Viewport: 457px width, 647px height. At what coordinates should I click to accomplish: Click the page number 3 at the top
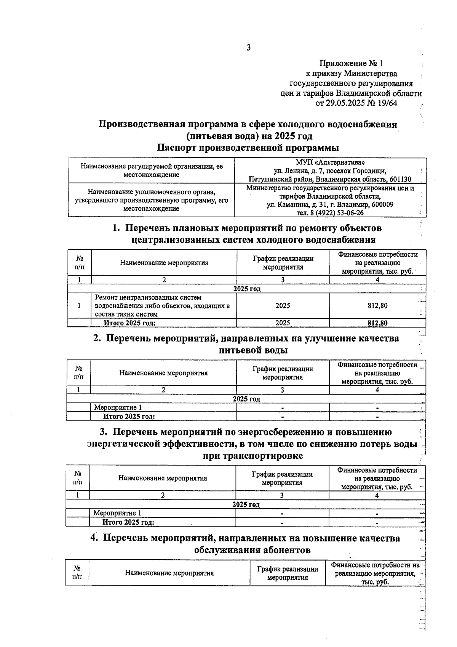(x=248, y=48)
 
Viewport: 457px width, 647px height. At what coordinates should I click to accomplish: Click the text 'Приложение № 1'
(x=351, y=63)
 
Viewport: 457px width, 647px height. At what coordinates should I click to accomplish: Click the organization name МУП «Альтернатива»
(x=330, y=162)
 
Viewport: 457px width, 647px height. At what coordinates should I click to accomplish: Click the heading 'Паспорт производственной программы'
(x=248, y=148)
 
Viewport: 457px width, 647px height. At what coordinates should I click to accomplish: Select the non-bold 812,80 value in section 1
(x=377, y=306)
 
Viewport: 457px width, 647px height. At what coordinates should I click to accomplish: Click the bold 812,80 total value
(x=377, y=323)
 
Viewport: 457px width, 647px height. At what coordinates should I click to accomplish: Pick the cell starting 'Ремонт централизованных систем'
(x=162, y=306)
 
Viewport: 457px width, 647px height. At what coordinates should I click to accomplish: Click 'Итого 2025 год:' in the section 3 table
(x=128, y=522)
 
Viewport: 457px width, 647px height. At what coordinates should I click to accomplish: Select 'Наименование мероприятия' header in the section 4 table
(x=169, y=573)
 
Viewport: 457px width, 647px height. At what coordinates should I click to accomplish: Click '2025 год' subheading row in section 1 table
(x=247, y=289)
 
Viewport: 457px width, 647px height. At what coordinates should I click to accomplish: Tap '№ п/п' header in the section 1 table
(x=80, y=263)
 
